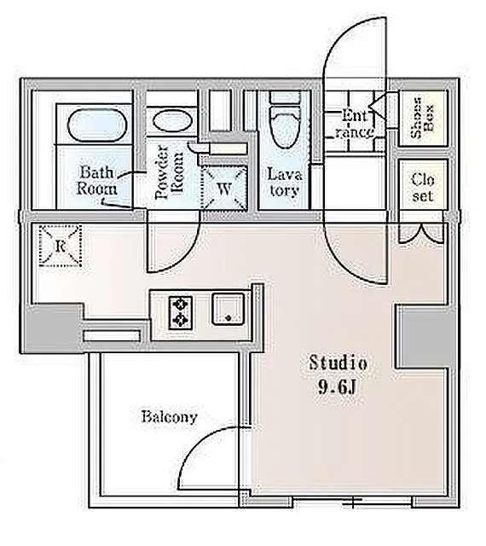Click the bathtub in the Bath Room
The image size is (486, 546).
click(96, 125)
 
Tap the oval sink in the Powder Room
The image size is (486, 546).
click(172, 120)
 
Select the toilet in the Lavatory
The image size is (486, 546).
click(285, 126)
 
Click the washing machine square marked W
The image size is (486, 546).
click(224, 189)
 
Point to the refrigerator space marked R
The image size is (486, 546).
click(61, 246)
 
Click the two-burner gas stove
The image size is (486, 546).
click(181, 312)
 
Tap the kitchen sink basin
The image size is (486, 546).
click(228, 309)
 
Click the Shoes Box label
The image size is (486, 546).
click(422, 118)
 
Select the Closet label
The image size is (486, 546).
click(422, 188)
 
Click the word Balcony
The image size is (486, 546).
click(169, 417)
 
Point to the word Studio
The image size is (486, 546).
click(338, 363)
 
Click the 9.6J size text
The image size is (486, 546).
click(337, 386)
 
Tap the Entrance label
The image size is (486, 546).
click(352, 124)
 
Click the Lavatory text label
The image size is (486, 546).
click(284, 182)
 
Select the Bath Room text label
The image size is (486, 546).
click(97, 180)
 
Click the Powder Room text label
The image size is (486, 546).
click(169, 172)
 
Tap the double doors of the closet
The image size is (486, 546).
click(421, 233)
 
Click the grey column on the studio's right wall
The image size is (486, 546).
click(425, 336)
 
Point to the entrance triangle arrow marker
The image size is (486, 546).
click(378, 106)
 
